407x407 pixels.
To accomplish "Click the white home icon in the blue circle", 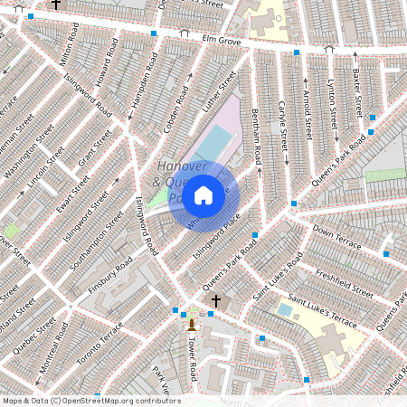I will (x=203, y=194).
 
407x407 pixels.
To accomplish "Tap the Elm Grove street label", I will (x=222, y=42).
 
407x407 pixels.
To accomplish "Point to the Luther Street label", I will (x=220, y=92).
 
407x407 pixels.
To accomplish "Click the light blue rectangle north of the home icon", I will (x=214, y=143).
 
